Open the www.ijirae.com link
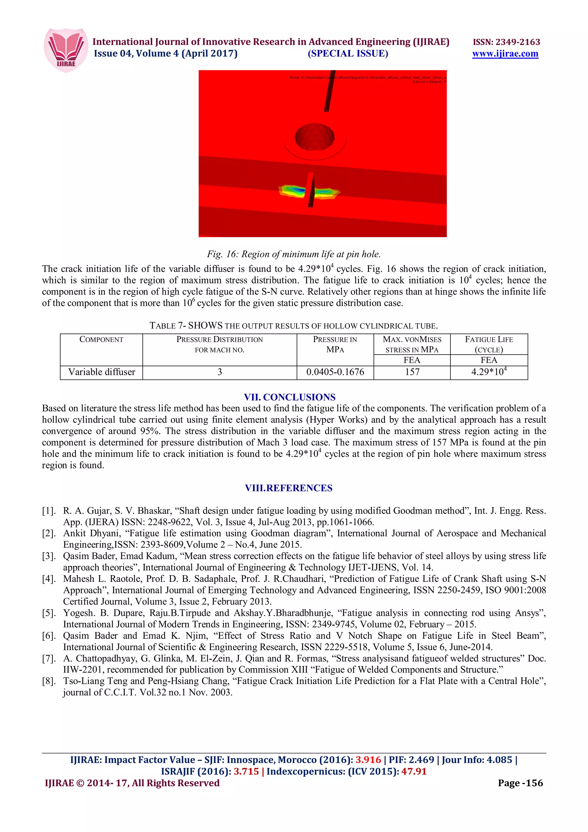(x=505, y=54)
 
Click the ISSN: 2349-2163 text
(x=506, y=42)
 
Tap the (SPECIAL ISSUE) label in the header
(x=348, y=54)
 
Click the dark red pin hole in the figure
(x=314, y=137)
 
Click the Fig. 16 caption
(x=294, y=254)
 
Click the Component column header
(x=101, y=340)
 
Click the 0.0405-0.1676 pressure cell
(x=335, y=372)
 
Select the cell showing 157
(x=412, y=372)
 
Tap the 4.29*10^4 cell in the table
(x=489, y=372)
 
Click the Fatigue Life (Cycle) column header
(x=489, y=344)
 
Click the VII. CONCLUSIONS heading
(x=289, y=397)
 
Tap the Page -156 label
(x=520, y=783)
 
